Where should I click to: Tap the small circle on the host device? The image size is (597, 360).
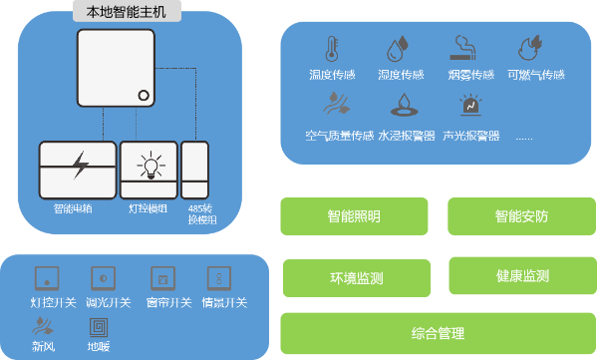point(144,97)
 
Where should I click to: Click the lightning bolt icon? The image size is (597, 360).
point(79,165)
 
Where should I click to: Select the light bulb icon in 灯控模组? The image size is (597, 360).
point(149,164)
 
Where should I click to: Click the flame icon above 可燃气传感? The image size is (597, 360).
point(529,49)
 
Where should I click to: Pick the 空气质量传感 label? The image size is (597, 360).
point(339,135)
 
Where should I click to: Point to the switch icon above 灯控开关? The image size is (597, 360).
point(45,276)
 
